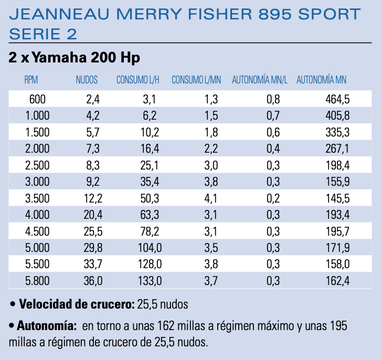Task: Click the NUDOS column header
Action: pyautogui.click(x=87, y=80)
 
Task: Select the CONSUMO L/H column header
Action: pyautogui.click(x=138, y=80)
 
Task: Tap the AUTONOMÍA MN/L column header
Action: pyautogui.click(x=260, y=80)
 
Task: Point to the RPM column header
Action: pyautogui.click(x=31, y=80)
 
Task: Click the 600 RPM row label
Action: pyautogui.click(x=38, y=99)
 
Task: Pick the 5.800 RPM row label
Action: pyautogui.click(x=37, y=281)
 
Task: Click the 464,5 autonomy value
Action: pyautogui.click(x=337, y=99)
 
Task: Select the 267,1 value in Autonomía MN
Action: pyautogui.click(x=337, y=149)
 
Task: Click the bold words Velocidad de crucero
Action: pyautogui.click(x=76, y=304)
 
